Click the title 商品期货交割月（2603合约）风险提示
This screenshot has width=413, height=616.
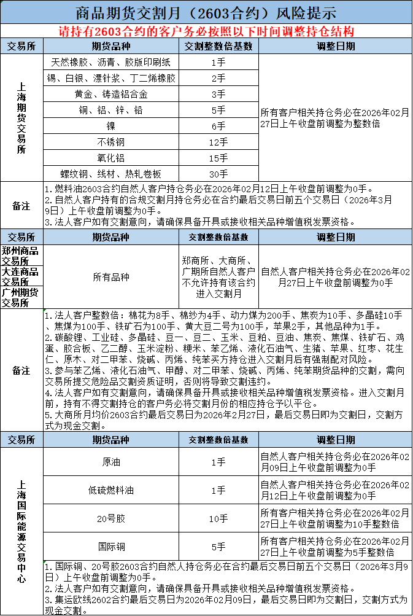pos(206,12)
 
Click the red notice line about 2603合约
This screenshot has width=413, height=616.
pos(206,31)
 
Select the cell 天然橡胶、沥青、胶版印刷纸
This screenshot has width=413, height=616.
pos(111,62)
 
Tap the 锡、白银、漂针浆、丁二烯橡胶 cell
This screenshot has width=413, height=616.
pos(111,78)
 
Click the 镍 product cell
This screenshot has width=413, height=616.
pos(111,126)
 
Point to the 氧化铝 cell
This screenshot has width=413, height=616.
pos(111,158)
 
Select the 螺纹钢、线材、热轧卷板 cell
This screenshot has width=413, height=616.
pos(111,174)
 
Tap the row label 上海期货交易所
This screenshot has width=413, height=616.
pos(22,118)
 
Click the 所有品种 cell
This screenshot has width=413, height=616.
pos(111,277)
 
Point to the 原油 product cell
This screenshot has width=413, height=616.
pos(111,462)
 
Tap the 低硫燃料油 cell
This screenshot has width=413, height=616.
pos(111,490)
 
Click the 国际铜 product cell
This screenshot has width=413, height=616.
pos(111,546)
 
